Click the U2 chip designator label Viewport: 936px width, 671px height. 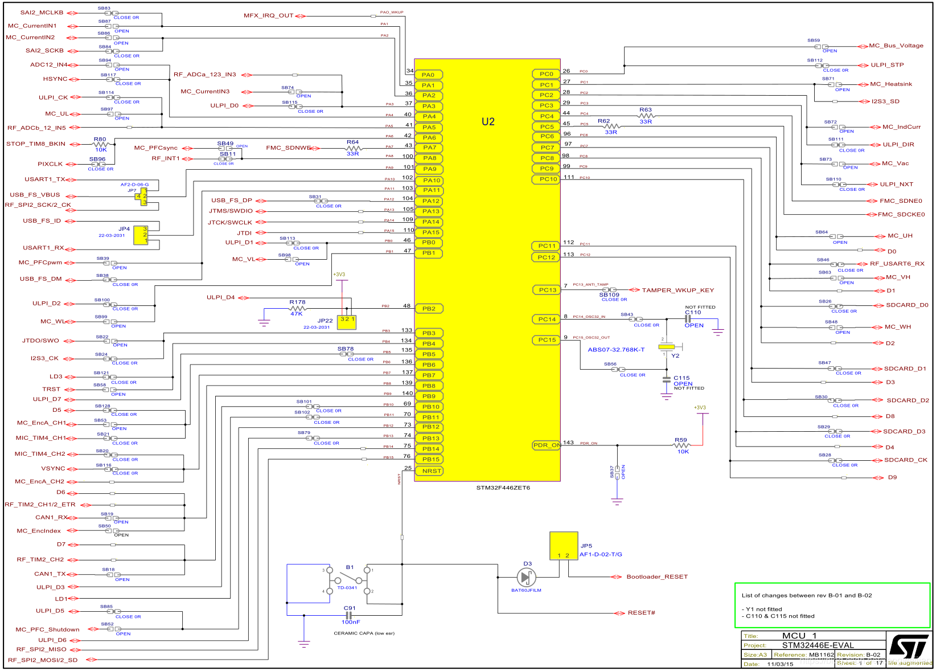pyautogui.click(x=488, y=121)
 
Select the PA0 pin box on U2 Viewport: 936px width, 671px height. pyautogui.click(x=429, y=75)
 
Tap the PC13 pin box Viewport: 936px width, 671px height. pyautogui.click(x=547, y=290)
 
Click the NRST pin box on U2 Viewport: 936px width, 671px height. pyautogui.click(x=431, y=471)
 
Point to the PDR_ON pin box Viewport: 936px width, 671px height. pyautogui.click(x=546, y=445)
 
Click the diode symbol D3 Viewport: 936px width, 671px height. pyautogui.click(x=526, y=578)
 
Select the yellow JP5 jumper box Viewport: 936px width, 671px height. pyautogui.click(x=564, y=546)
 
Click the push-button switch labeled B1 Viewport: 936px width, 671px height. pyautogui.click(x=348, y=580)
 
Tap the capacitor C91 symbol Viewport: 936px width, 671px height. pyautogui.click(x=349, y=616)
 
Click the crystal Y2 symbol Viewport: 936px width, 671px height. pyautogui.click(x=666, y=346)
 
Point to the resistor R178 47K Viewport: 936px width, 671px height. pyautogui.click(x=297, y=308)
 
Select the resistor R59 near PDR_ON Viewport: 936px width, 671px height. pyautogui.click(x=682, y=445)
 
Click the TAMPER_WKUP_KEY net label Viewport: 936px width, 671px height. pyautogui.click(x=678, y=290)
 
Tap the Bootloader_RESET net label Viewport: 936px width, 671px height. pyautogui.click(x=657, y=577)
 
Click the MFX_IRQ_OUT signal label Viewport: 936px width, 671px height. pyautogui.click(x=268, y=16)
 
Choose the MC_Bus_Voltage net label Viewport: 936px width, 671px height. pyautogui.click(x=896, y=46)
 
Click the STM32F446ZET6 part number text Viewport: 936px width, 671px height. pyautogui.click(x=503, y=488)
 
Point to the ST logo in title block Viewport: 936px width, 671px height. pyautogui.click(x=909, y=647)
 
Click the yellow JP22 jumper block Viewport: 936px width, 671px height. pyautogui.click(x=347, y=322)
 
